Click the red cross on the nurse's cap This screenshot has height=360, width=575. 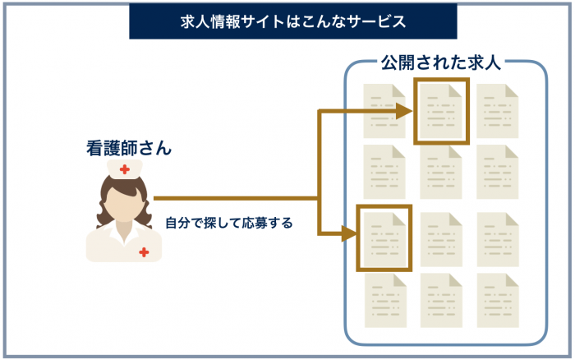point(125,170)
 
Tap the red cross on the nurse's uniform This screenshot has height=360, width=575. point(145,252)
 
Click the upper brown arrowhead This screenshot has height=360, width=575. point(403,112)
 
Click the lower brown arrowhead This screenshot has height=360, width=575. point(349,233)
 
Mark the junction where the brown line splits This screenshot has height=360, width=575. point(319,198)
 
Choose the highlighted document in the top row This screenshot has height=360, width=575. point(441,111)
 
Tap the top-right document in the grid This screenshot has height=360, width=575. point(497,111)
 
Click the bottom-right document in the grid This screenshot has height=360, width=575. point(497,301)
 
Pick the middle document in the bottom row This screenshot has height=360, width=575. point(441,301)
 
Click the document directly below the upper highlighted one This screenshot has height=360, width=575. point(441,173)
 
